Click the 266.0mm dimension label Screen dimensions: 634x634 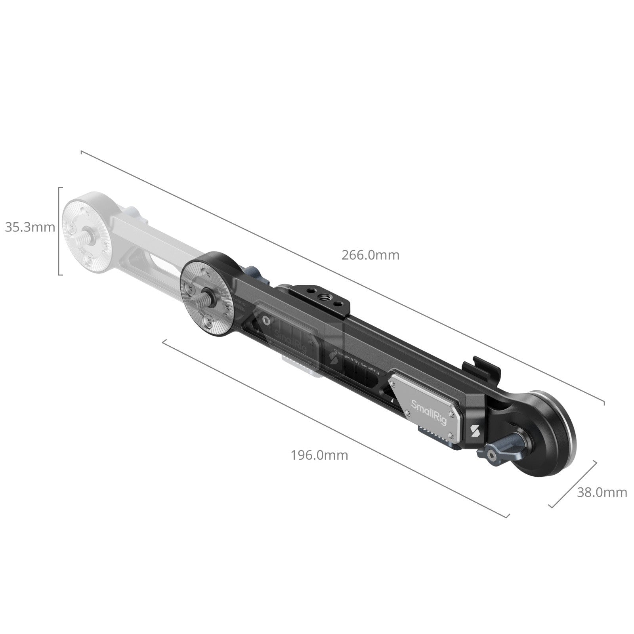pyautogui.click(x=370, y=255)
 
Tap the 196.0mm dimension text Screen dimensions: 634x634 pyautogui.click(x=319, y=455)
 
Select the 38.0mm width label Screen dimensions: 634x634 pyautogui.click(x=602, y=493)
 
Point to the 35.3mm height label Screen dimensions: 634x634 pyautogui.click(x=30, y=227)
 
